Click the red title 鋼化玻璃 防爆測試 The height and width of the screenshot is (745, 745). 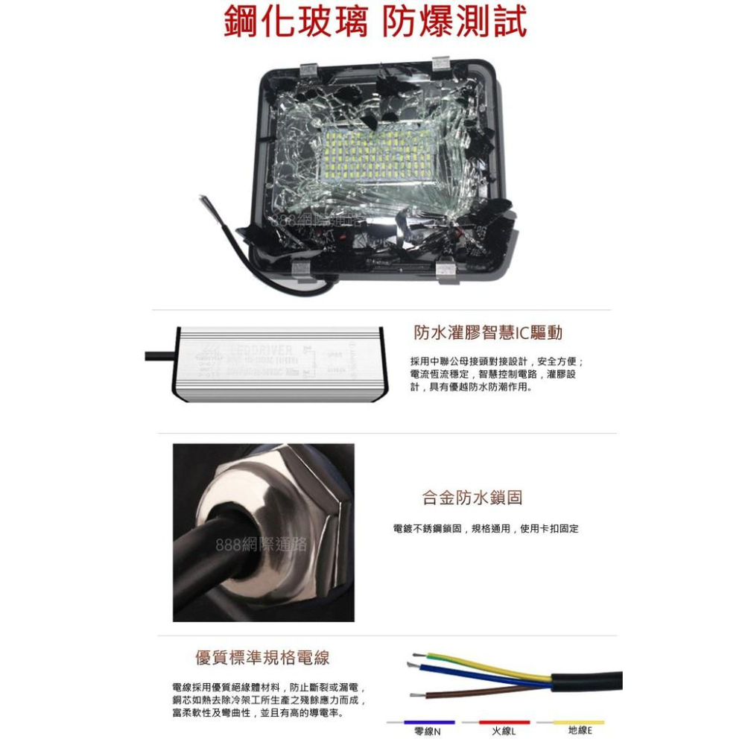click(375, 23)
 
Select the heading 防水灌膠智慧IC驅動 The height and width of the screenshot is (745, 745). click(488, 333)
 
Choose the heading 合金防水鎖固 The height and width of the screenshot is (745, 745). click(472, 498)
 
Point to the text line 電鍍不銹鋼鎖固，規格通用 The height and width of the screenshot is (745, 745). click(486, 528)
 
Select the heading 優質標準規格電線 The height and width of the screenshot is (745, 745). click(262, 658)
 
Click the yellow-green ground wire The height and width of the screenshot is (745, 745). click(484, 666)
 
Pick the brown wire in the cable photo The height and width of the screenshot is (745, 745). click(484, 692)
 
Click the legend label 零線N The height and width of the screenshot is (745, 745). click(428, 732)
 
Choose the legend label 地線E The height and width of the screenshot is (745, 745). click(580, 731)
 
